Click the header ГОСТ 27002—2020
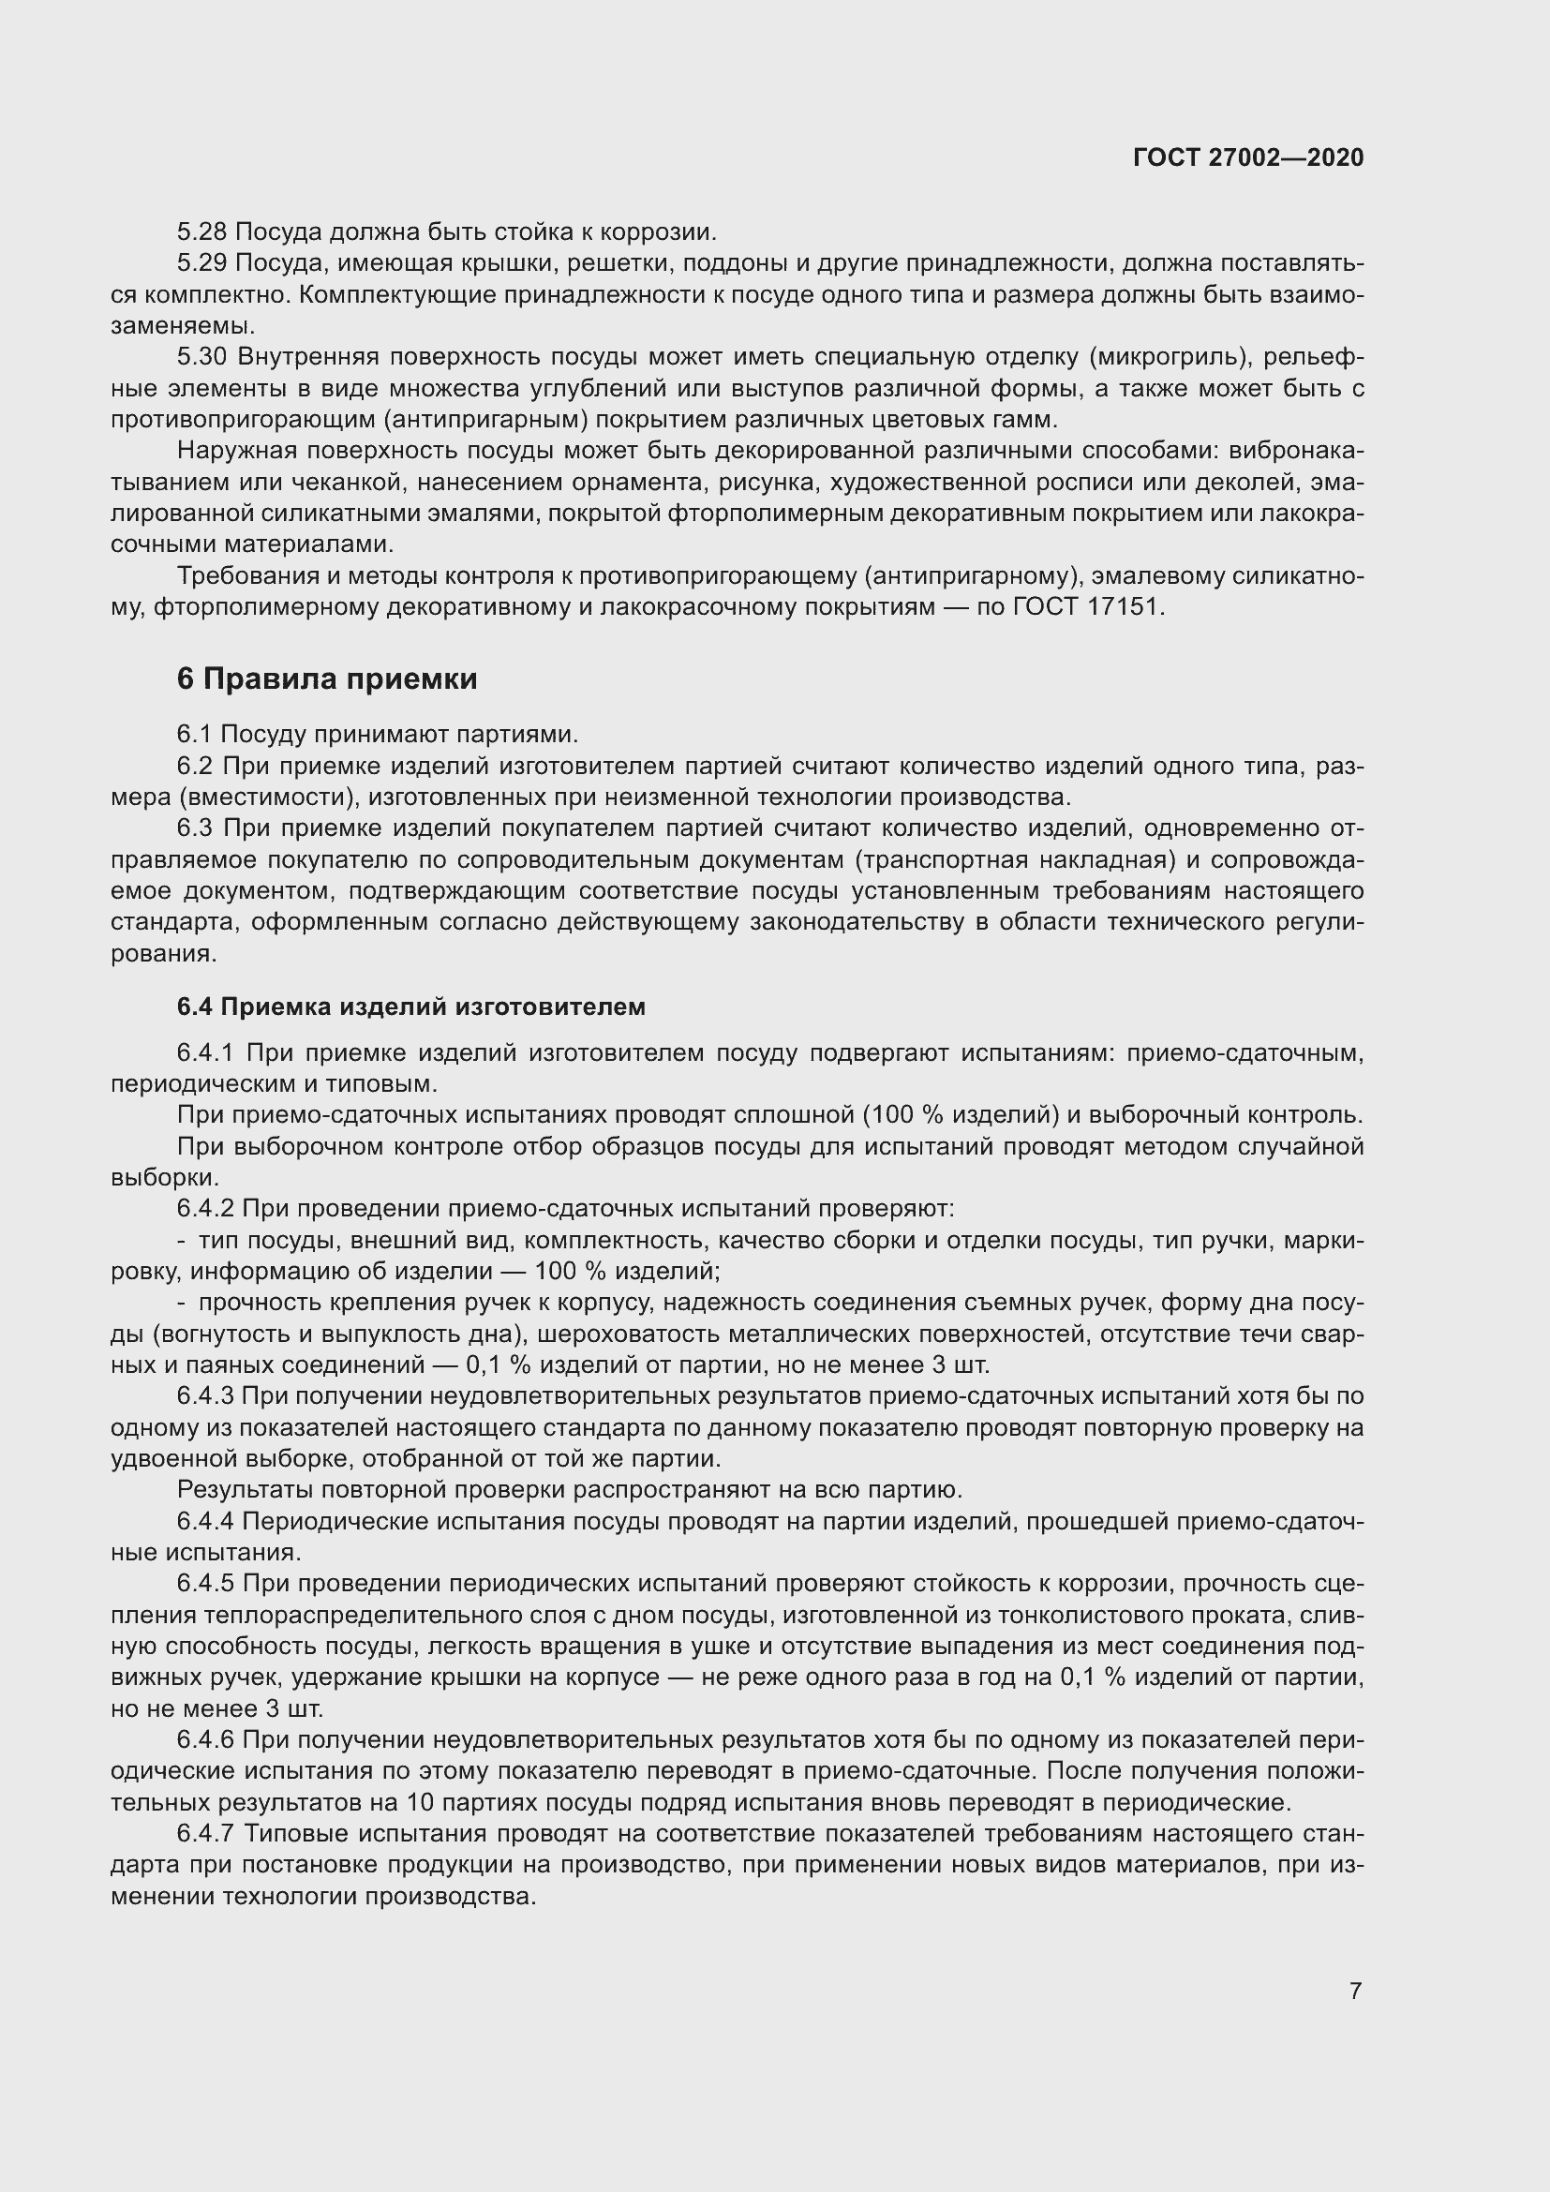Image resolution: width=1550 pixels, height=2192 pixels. (x=1247, y=157)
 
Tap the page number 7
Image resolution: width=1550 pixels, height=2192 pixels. (x=1355, y=1990)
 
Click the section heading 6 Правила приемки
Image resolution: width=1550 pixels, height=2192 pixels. (x=326, y=678)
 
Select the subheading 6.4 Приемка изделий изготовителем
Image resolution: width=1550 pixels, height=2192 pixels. (x=410, y=1007)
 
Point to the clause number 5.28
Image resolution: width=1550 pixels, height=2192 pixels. (x=201, y=232)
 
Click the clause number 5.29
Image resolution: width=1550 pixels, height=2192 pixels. (x=201, y=263)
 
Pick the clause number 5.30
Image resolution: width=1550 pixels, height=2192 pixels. (x=202, y=357)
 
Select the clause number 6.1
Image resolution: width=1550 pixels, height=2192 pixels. (x=194, y=734)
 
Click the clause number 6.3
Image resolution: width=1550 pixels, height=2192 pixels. (x=196, y=828)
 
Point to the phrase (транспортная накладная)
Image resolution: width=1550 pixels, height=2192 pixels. (x=1014, y=859)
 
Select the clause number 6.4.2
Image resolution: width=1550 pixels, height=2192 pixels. (x=205, y=1209)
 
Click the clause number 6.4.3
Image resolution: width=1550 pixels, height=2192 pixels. (x=205, y=1395)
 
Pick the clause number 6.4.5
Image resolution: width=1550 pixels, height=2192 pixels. (x=205, y=1583)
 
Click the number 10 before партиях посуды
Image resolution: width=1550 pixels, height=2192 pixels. (x=421, y=1802)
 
